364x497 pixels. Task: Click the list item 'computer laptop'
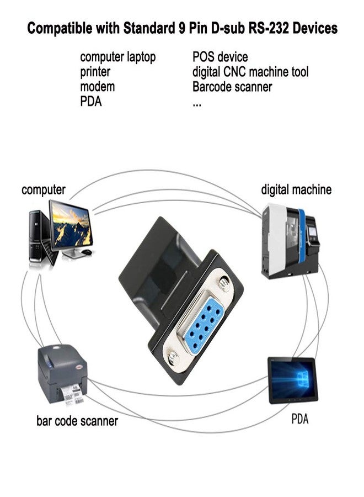[x=117, y=57]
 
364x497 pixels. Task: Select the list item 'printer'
[x=95, y=72]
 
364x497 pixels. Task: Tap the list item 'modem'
[x=98, y=87]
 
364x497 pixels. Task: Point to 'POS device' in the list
[x=220, y=57]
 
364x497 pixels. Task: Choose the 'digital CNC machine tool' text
[x=250, y=72]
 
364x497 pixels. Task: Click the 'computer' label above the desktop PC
[x=44, y=190]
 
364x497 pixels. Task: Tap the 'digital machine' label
[x=296, y=190]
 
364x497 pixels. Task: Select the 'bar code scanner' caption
[x=77, y=421]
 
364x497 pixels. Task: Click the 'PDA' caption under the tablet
[x=299, y=419]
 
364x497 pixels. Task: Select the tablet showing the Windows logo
[x=292, y=379]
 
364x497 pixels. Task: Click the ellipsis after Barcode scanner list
[x=197, y=103]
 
